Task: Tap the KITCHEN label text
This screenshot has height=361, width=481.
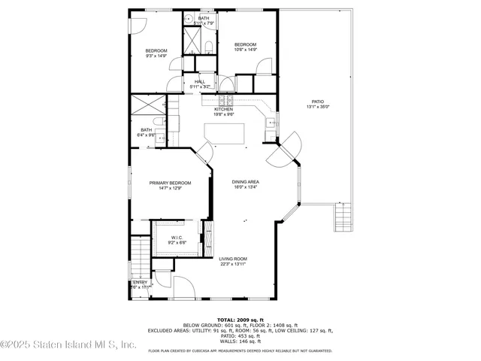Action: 223,109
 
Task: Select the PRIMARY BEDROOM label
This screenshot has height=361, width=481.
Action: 170,183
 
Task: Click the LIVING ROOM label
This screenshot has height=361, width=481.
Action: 233,259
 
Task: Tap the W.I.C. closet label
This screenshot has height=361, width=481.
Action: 166,238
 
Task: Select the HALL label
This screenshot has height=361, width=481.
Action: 200,81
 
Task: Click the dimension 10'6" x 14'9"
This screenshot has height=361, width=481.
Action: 245,50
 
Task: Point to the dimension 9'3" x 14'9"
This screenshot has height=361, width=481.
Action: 156,56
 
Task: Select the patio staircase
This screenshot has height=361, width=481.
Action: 342,219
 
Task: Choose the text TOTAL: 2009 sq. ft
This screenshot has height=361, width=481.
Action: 240,320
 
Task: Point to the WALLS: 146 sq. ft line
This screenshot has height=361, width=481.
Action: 240,341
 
